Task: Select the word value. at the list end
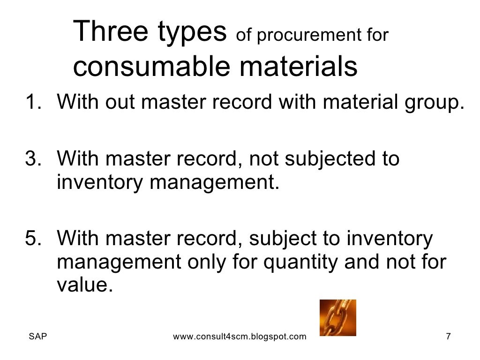pyautogui.click(x=85, y=285)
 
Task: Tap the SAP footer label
pyautogui.click(x=37, y=337)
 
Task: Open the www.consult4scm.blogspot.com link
pyautogui.click(x=240, y=337)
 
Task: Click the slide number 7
pyautogui.click(x=448, y=337)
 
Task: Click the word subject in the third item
pyautogui.click(x=281, y=239)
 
